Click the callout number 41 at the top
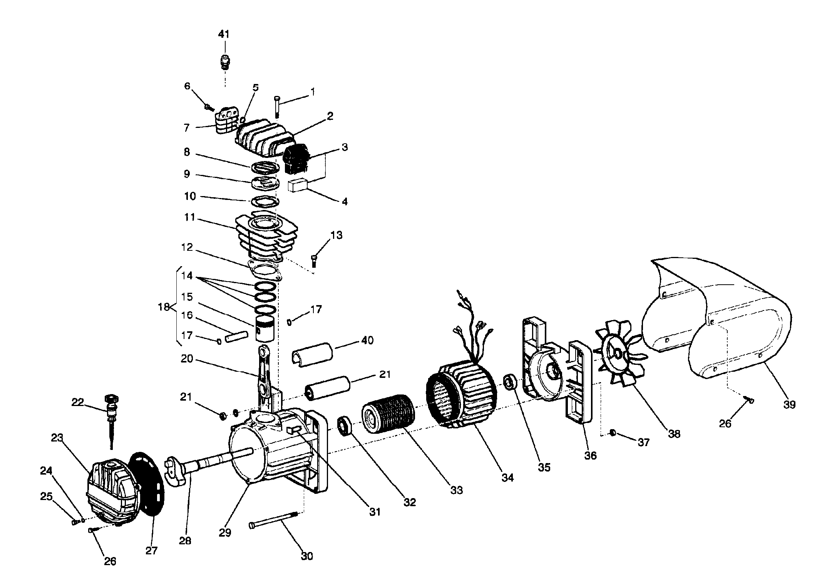point(224,34)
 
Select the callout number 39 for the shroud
point(789,404)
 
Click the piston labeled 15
point(264,329)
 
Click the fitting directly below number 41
point(224,63)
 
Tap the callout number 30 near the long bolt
point(307,556)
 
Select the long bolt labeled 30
point(273,519)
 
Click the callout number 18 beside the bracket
point(164,307)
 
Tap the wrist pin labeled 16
point(235,336)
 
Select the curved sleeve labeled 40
point(312,352)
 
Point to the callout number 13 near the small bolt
point(336,235)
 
